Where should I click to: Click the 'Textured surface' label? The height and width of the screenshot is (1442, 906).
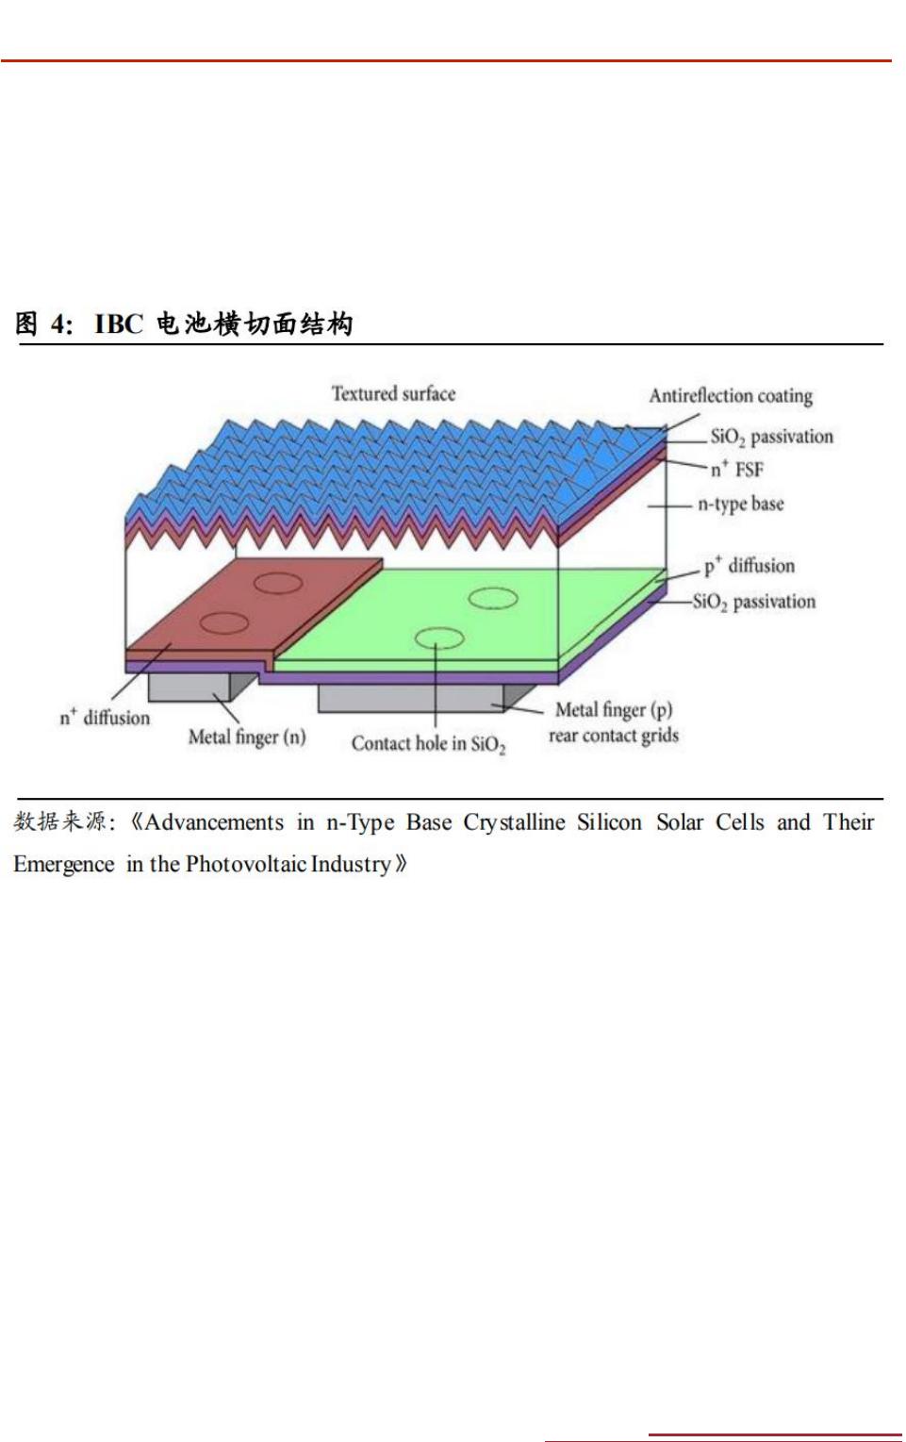393,393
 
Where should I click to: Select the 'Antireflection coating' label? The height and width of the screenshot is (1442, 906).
731,395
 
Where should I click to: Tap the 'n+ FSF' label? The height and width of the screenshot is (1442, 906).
736,470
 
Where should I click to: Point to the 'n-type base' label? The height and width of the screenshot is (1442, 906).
741,504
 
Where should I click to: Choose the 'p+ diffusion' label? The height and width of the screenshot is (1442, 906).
749,565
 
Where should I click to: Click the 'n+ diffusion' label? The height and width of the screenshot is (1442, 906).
105,717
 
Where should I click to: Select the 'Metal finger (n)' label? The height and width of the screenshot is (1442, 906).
246,738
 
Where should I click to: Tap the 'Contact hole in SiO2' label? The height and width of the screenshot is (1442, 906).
429,744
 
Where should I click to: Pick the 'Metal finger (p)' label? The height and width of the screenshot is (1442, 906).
614,710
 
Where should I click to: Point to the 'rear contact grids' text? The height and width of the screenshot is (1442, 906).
614,736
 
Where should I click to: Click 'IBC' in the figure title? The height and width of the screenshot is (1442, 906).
119,323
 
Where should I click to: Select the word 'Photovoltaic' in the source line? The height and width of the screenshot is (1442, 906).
246,864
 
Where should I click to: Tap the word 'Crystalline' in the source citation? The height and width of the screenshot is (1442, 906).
514,822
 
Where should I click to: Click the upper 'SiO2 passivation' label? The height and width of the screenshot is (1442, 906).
771,437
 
